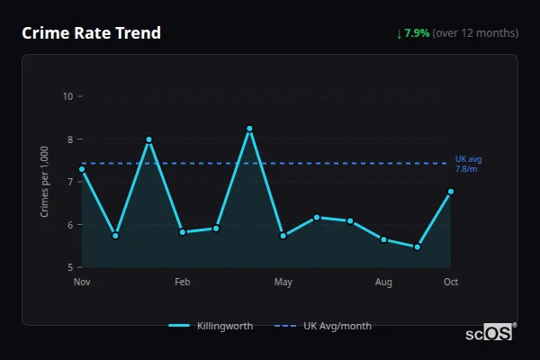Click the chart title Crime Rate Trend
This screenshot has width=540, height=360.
pyautogui.click(x=91, y=33)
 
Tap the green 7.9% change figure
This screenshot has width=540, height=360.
pyautogui.click(x=417, y=33)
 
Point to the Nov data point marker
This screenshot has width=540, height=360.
pyautogui.click(x=82, y=169)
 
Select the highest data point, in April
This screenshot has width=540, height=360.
pyautogui.click(x=249, y=129)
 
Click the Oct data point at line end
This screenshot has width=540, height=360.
pyautogui.click(x=451, y=192)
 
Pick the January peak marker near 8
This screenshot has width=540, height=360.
pyautogui.click(x=148, y=139)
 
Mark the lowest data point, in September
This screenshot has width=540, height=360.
pyautogui.click(x=417, y=247)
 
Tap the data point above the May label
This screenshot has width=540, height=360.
pyautogui.click(x=283, y=236)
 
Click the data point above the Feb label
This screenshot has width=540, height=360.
pyautogui.click(x=183, y=232)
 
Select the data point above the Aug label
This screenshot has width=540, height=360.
pyautogui.click(x=383, y=239)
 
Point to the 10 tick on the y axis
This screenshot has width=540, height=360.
pyautogui.click(x=67, y=96)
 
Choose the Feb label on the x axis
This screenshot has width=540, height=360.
pyautogui.click(x=183, y=283)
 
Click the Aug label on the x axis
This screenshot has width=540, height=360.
pyautogui.click(x=383, y=283)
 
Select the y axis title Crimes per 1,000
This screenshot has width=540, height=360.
pyautogui.click(x=45, y=183)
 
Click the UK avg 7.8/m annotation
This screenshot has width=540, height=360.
pyautogui.click(x=466, y=164)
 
